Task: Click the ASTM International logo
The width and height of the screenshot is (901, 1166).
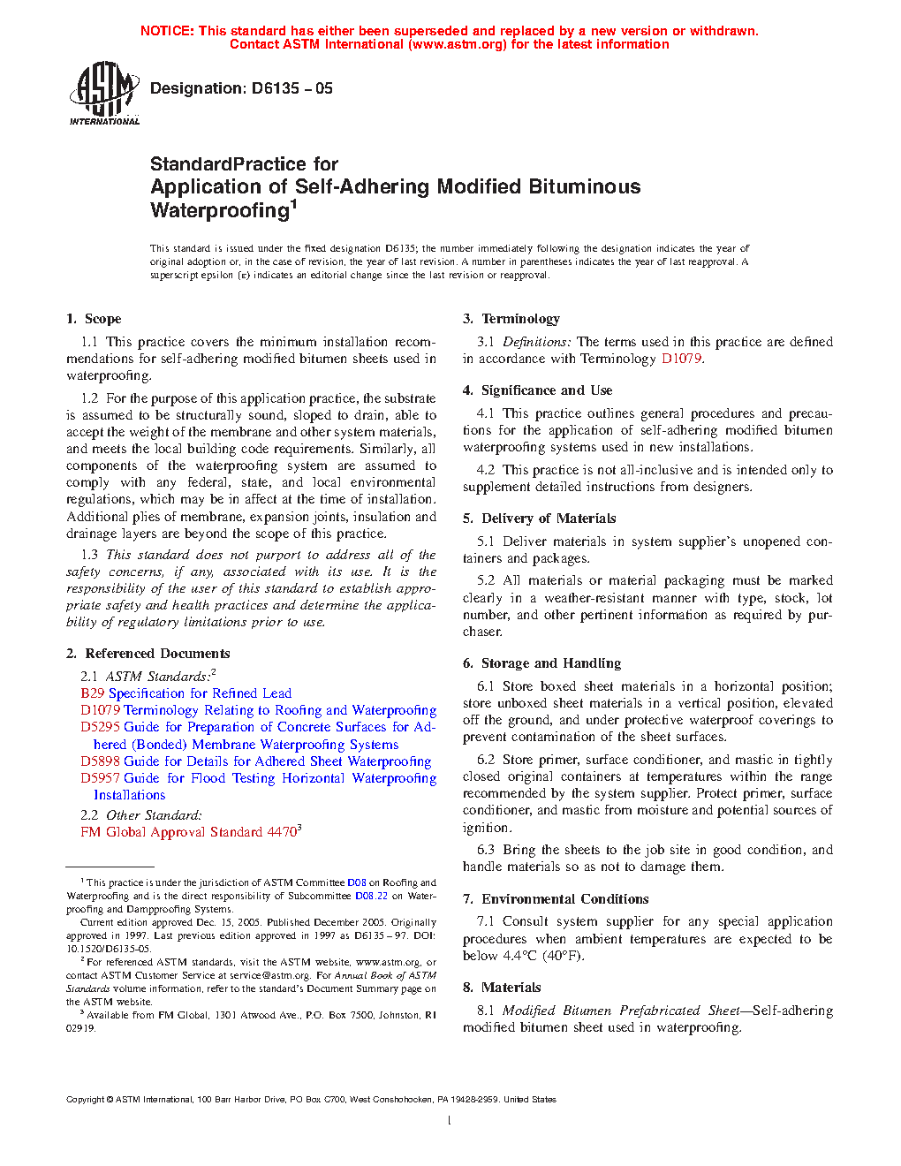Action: pyautogui.click(x=104, y=93)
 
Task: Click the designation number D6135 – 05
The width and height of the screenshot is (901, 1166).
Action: pyautogui.click(x=291, y=88)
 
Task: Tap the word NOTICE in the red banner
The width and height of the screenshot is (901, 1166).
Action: pyautogui.click(x=167, y=31)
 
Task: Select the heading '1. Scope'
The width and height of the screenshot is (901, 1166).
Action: pyautogui.click(x=94, y=319)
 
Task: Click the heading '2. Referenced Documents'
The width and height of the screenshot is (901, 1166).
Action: pyautogui.click(x=148, y=654)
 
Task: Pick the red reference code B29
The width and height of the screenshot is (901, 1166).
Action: pyautogui.click(x=92, y=693)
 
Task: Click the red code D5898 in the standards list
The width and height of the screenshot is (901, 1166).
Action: pyautogui.click(x=100, y=761)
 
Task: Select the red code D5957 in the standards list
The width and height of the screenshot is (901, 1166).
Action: pyautogui.click(x=100, y=778)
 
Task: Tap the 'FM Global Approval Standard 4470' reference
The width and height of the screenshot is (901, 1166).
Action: pyautogui.click(x=189, y=832)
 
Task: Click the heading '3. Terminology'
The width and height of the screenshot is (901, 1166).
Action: pyautogui.click(x=511, y=319)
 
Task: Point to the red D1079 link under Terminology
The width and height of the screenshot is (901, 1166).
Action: pyautogui.click(x=681, y=359)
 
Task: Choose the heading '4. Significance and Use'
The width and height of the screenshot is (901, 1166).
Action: pyautogui.click(x=537, y=390)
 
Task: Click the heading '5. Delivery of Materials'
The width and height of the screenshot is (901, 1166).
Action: pyautogui.click(x=539, y=519)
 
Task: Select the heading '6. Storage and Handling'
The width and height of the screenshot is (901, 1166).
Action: pyautogui.click(x=541, y=663)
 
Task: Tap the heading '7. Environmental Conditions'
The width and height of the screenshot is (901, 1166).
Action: pyautogui.click(x=556, y=899)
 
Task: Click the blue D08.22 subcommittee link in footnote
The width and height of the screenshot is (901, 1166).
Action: pyautogui.click(x=371, y=896)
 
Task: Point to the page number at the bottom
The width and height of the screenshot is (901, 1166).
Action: pyautogui.click(x=450, y=1121)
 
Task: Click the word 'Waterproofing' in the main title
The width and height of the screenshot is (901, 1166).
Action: pyautogui.click(x=220, y=210)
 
